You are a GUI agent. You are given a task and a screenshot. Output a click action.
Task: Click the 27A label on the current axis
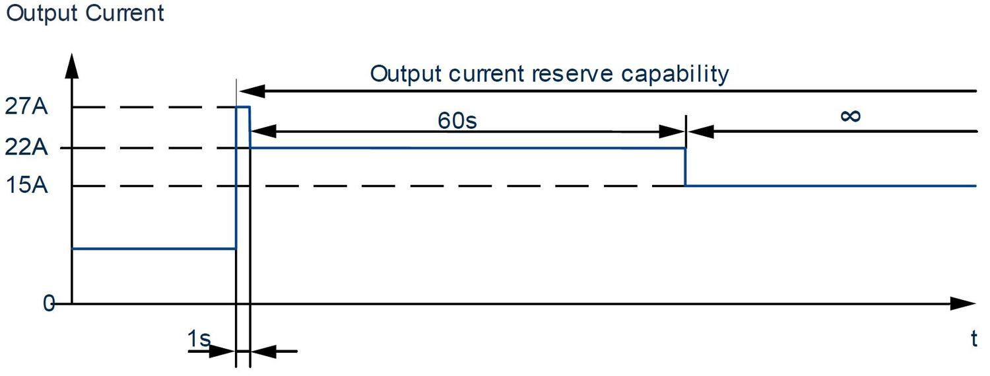coord(27,107)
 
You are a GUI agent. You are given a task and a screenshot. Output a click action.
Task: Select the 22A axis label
coord(27,147)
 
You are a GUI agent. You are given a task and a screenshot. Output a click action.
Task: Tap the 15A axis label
coord(27,186)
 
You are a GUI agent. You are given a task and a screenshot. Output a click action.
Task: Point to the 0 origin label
coord(48,303)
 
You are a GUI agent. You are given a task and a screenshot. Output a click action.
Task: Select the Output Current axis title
coord(84,13)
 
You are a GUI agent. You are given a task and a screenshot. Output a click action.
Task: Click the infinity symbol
coord(851,116)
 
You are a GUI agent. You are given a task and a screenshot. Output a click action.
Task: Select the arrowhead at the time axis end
coord(963,304)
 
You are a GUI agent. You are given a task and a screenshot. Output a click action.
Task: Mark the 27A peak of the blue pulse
coord(243,107)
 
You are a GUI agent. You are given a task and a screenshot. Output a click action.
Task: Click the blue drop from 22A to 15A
coord(685,167)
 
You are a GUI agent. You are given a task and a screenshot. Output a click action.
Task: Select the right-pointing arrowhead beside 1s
coord(224,351)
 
